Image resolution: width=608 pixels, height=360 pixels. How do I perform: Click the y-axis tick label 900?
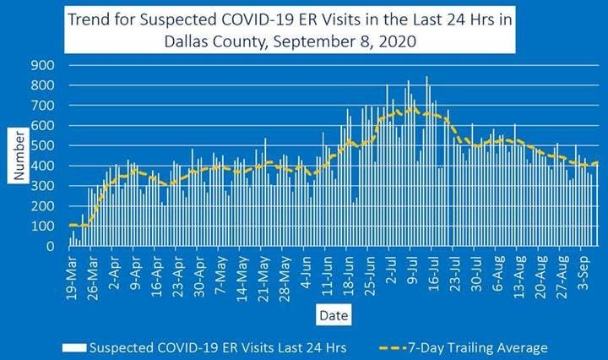(42, 65)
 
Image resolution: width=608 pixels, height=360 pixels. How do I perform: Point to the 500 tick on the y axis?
(42, 145)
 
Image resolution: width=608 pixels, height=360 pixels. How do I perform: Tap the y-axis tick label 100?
(42, 226)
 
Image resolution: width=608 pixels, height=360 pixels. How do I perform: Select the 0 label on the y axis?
(51, 247)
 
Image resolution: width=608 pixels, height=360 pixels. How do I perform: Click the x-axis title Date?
(330, 314)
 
